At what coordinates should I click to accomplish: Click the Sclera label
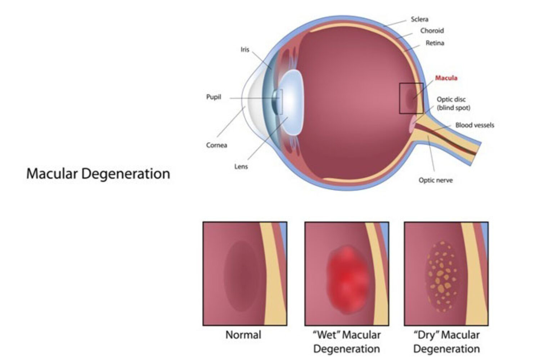coord(419,19)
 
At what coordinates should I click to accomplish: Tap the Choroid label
coord(432,31)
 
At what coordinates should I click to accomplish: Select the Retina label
coord(435,43)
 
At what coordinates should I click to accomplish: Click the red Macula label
coord(446,78)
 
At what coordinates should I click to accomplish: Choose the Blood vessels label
coord(474,125)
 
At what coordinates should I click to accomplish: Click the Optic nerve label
coord(436,180)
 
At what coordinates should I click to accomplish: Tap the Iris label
coord(245,49)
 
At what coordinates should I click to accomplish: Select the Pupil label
coord(213,97)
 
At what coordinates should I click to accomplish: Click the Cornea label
coord(216,145)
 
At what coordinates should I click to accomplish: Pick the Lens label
coord(241,166)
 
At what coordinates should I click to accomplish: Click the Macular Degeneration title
coord(98,174)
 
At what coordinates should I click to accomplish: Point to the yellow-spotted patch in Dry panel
coord(443,276)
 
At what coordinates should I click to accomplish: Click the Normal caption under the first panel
coord(243,335)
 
